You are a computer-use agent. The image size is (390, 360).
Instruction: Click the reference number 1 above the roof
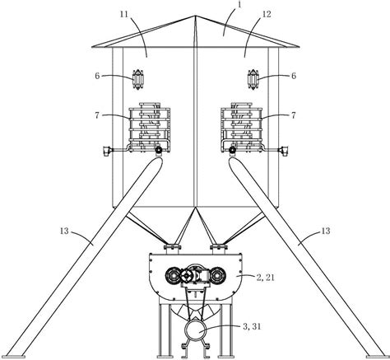[239, 5]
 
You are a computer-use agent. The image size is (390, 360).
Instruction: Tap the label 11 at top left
[125, 14]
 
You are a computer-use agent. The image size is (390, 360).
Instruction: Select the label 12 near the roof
[267, 14]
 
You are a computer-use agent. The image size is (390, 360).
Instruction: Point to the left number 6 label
[97, 76]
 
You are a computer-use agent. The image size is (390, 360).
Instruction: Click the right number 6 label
[294, 76]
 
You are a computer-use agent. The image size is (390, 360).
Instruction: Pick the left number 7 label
[97, 115]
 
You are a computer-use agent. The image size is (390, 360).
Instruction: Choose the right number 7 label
[294, 115]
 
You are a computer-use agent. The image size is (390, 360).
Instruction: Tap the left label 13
[64, 231]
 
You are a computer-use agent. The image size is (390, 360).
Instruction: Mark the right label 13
[326, 231]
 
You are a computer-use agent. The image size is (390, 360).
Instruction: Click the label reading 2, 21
[265, 278]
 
